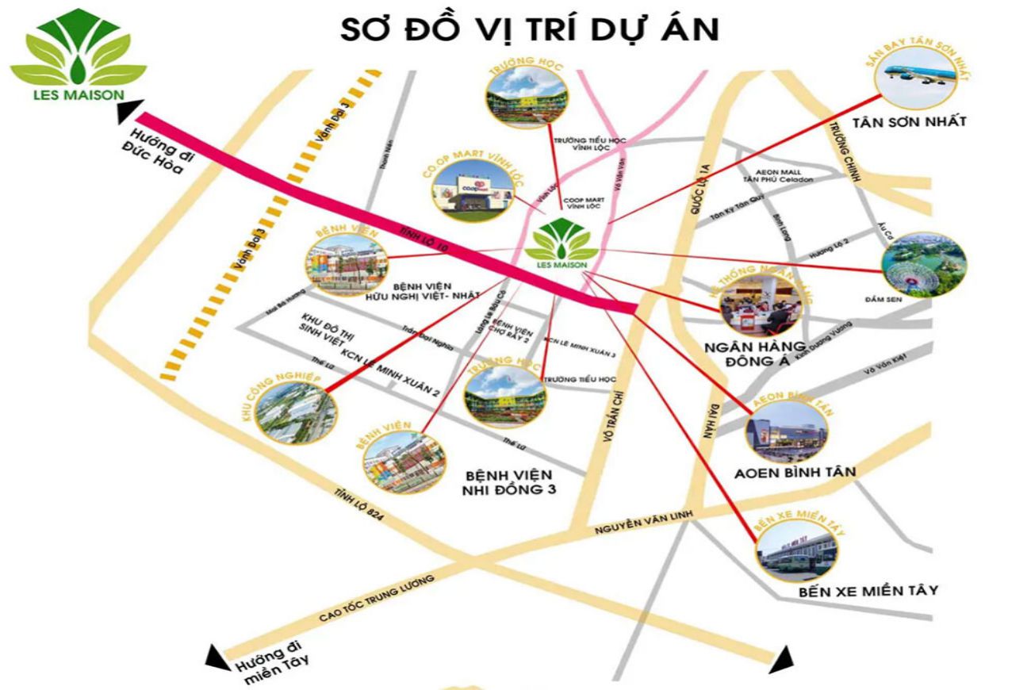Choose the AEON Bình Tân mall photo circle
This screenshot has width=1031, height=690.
tap(786, 431)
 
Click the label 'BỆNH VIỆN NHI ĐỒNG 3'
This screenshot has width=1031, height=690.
tap(508, 481)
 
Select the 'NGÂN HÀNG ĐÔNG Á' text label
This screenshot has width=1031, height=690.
tap(755, 355)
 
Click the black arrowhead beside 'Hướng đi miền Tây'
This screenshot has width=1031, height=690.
tap(215, 657)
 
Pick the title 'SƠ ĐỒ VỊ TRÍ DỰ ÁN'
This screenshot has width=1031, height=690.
tap(529, 29)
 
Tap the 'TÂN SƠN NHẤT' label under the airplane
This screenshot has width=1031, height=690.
tap(909, 122)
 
